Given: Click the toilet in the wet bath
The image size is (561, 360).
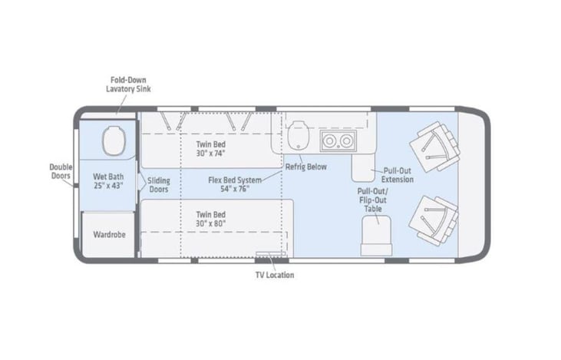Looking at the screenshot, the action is click(114, 140).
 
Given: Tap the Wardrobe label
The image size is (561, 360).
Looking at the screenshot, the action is click(110, 235).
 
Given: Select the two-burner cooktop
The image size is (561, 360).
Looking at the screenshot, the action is click(338, 141).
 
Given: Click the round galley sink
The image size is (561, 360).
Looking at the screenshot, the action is click(299, 135).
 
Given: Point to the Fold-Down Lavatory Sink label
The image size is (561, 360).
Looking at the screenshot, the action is click(128, 84).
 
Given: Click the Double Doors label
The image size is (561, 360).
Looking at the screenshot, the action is click(61, 171).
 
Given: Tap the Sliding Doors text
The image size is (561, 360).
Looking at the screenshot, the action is click(159, 185).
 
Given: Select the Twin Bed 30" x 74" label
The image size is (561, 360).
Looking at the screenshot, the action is click(211, 149).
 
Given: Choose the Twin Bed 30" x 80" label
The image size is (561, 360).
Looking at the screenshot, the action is click(211, 219).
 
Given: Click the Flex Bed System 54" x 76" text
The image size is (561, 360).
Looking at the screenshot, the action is click(235, 184).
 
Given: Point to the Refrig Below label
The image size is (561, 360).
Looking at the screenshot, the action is click(306, 167).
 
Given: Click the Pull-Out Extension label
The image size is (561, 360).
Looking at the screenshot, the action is click(397, 175).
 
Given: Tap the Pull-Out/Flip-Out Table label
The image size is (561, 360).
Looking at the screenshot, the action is click(373, 200).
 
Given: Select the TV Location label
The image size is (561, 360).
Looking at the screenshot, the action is click(275, 276).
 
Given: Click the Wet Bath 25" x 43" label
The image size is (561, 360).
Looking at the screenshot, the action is click(108, 181).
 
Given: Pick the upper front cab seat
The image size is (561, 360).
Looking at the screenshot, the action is click(434, 147).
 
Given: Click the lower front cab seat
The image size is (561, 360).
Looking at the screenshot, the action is click(434, 220).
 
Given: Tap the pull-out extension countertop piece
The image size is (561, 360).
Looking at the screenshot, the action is click(363, 167).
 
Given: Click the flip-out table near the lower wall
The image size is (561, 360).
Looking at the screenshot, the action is click(376, 236).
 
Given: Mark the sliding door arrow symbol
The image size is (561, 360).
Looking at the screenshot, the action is click(142, 182).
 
